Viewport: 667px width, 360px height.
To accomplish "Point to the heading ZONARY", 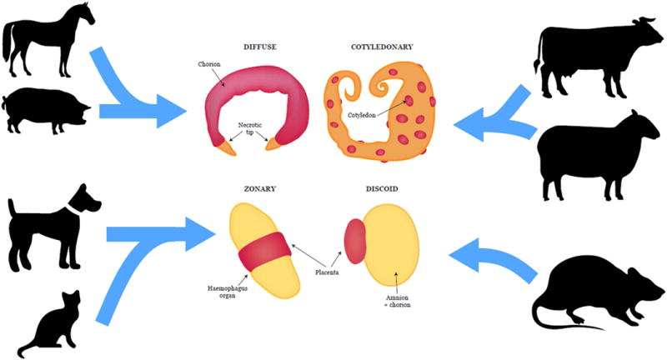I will coord(262,189).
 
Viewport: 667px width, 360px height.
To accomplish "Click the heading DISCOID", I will coord(380,189).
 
